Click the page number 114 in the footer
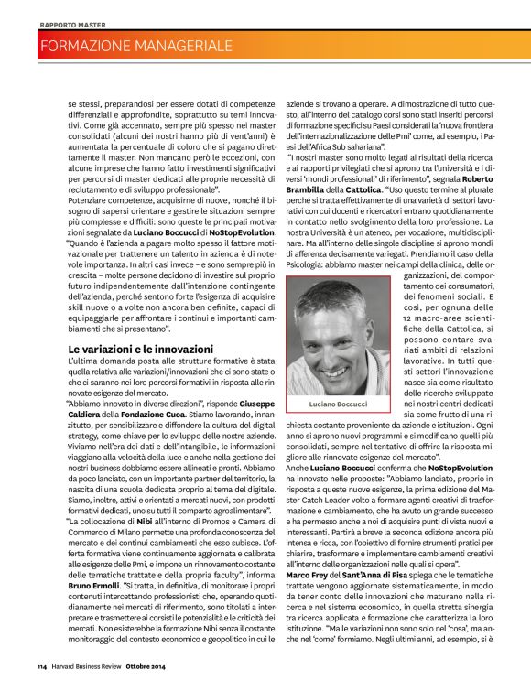43,664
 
